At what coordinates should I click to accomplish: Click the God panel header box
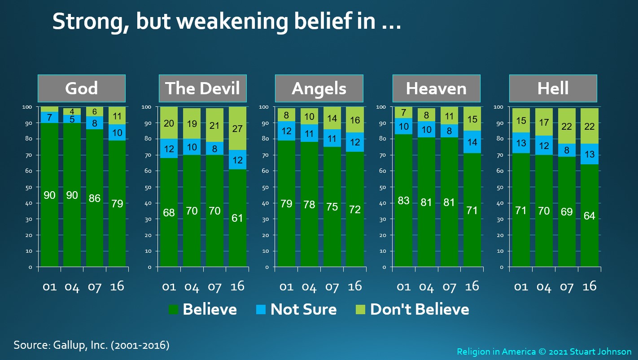tap(82, 88)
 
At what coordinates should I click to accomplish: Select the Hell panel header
tap(553, 88)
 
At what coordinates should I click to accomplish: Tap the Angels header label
tap(319, 88)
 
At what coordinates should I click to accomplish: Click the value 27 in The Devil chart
tap(237, 128)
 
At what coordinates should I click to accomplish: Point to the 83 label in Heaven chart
tap(403, 201)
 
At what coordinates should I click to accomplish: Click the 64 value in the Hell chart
tap(589, 216)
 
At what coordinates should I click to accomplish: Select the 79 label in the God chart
tap(117, 203)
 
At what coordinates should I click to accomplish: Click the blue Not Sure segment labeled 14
tap(472, 142)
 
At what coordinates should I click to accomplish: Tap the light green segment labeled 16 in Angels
tap(355, 120)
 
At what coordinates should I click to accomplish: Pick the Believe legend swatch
tap(174, 309)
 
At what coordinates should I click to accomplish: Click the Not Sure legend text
tap(303, 309)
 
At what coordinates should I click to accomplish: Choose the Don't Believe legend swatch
tap(360, 309)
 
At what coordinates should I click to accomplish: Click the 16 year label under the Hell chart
tap(589, 286)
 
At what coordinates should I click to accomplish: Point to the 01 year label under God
tap(49, 287)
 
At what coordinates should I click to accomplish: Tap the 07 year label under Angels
tap(332, 287)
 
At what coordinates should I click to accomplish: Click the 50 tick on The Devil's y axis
tap(148, 188)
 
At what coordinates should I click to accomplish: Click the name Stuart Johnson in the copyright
tap(600, 352)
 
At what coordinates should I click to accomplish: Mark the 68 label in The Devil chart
tap(169, 213)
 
